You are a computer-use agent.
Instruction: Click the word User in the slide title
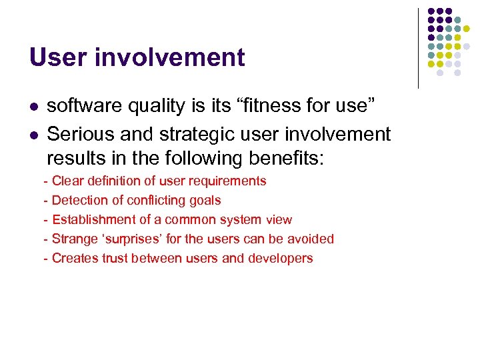[51, 57]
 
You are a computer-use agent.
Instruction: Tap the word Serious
[79, 134]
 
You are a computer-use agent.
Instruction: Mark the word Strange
[74, 239]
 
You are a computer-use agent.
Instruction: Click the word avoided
[311, 239]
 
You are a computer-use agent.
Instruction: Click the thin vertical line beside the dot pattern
[418, 48]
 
